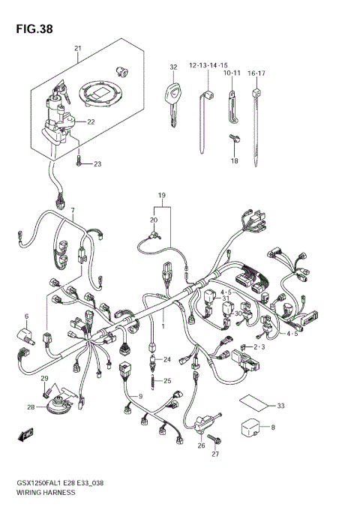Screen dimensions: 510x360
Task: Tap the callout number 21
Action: pos(77,49)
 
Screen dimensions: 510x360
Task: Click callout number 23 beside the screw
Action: pos(97,163)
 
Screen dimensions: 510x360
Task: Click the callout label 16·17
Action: pos(256,73)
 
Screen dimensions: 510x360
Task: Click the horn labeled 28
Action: pos(55,407)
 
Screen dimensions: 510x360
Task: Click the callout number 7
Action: pos(73,211)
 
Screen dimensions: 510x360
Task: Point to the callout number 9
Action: pos(139,396)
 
